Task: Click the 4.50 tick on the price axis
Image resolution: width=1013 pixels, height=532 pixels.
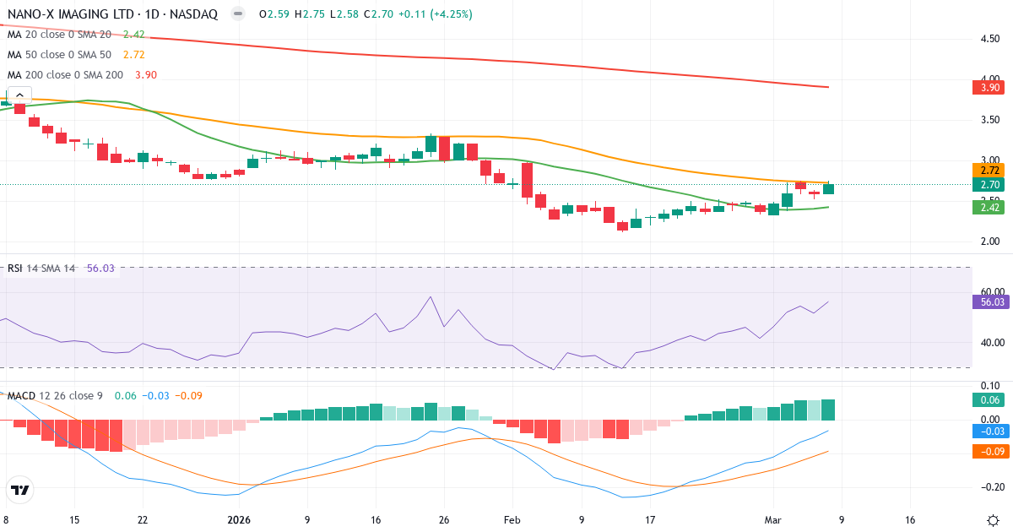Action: click(990, 39)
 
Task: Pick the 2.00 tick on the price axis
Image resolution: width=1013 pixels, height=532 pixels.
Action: click(990, 242)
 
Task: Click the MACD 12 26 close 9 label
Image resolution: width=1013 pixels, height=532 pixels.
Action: click(56, 395)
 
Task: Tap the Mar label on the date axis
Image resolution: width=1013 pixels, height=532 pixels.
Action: click(784, 520)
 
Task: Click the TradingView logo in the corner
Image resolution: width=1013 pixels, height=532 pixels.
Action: click(20, 490)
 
